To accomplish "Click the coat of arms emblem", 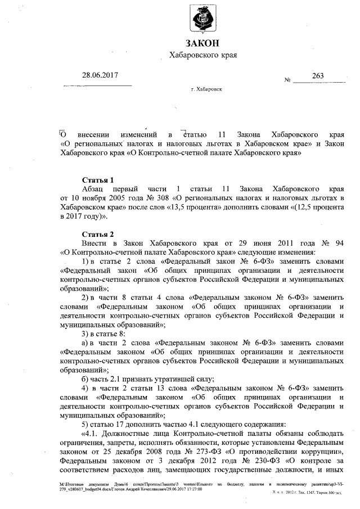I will coord(202,19).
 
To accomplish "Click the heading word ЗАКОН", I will coord(202,43).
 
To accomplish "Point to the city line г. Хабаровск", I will coord(206,89).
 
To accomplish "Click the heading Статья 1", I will coord(97,179).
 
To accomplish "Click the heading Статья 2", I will coord(97,233).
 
